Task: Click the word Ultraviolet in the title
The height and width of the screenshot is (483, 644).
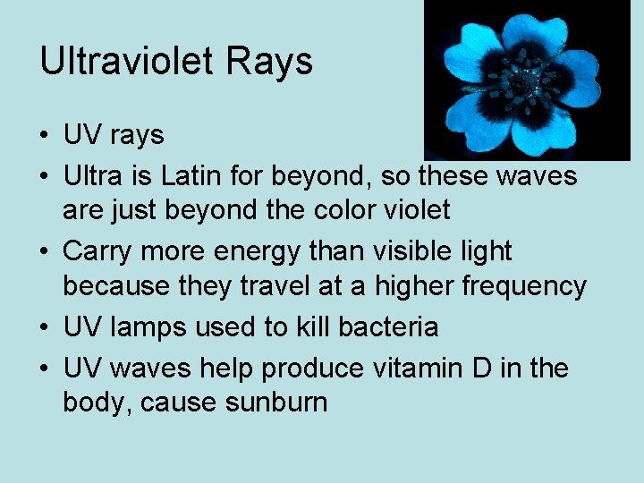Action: coord(120,61)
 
